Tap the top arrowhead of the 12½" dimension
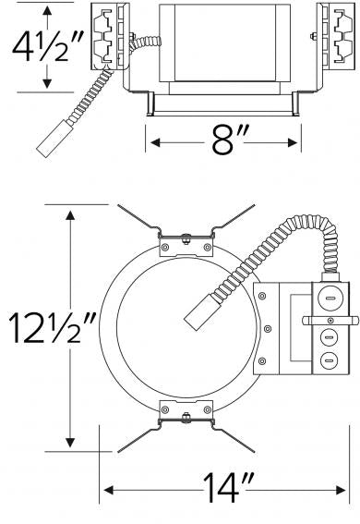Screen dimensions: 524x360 [69, 213]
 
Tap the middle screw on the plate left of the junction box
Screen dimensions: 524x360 [268, 329]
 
